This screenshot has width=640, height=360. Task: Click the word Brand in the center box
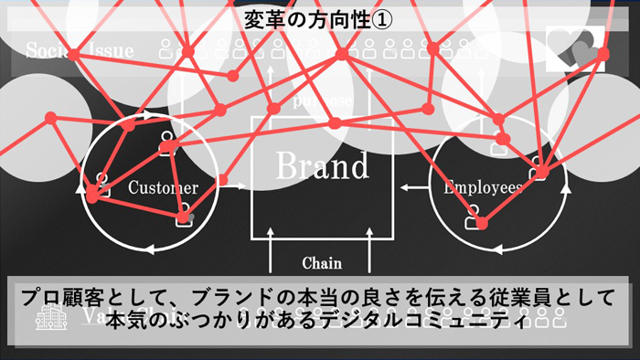322,167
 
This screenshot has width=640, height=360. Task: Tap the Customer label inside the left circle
163,188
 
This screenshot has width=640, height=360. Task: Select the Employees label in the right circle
483,187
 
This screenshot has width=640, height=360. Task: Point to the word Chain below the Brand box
321,264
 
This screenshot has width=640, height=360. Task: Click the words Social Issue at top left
79,50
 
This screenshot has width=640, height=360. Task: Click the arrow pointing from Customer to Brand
233,186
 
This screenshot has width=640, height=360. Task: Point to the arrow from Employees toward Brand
413,187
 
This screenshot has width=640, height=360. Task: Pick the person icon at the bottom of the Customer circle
185,216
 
